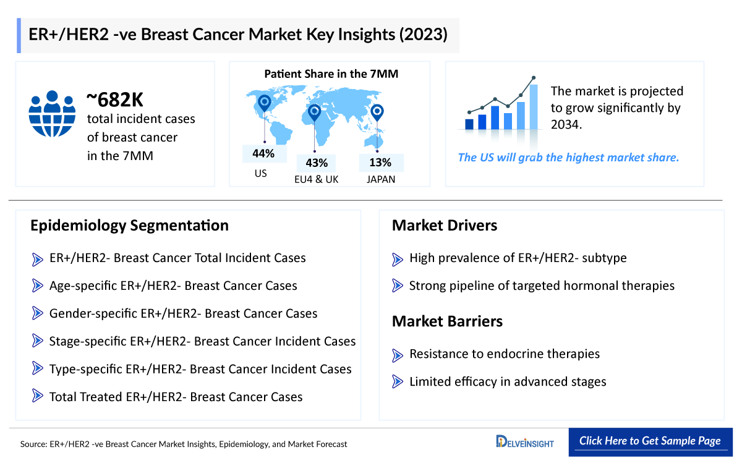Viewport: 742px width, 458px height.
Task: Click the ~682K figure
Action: [115, 100]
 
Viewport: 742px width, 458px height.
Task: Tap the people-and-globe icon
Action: [52, 114]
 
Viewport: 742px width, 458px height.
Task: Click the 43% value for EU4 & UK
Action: [316, 163]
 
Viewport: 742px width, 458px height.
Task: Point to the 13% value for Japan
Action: [380, 163]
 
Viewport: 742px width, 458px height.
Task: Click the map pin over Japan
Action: [377, 112]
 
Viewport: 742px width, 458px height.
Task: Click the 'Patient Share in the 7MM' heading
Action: [331, 74]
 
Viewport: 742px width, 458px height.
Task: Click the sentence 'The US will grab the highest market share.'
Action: [568, 158]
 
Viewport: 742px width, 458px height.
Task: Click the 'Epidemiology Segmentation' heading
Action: [129, 226]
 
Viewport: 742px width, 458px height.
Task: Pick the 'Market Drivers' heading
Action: [445, 226]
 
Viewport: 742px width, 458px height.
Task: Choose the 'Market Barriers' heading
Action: [447, 321]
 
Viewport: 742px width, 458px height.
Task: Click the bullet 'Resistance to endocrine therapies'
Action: [504, 354]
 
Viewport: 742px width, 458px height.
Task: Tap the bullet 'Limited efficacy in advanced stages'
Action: [507, 382]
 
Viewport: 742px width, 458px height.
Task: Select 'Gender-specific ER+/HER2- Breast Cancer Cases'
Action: [183, 314]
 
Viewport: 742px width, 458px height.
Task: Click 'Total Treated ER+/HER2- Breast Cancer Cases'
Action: [176, 397]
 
